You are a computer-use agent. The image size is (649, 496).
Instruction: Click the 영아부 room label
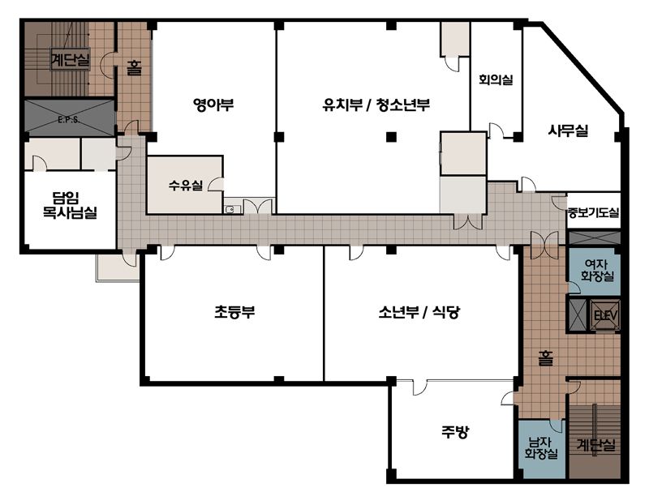[x=213, y=105]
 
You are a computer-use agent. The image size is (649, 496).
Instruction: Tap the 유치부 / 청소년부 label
[x=376, y=105]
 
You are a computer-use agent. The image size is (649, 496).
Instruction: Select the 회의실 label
[x=496, y=79]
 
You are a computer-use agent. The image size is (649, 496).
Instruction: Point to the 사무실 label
[x=569, y=130]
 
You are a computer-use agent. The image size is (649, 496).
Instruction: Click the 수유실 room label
[x=186, y=185]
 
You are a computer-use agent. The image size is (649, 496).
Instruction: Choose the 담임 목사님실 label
[x=70, y=205]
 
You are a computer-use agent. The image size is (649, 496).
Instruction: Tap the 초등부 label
[x=234, y=312]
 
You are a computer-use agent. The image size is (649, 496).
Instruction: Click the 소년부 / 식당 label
[x=419, y=312]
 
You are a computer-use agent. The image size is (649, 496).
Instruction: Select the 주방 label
[x=455, y=432]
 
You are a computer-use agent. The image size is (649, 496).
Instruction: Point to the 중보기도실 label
[x=594, y=213]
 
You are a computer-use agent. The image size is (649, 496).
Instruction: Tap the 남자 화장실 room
[x=541, y=449]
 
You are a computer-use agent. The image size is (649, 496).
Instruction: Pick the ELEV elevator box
[x=605, y=316]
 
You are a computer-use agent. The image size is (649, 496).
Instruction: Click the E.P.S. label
[x=69, y=121]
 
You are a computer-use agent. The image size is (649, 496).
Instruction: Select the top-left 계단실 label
[x=70, y=59]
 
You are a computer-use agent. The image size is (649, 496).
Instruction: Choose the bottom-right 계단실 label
[x=596, y=445]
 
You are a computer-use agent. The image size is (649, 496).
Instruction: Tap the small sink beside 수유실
[x=230, y=210]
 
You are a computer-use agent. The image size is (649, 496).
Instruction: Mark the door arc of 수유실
[x=214, y=185]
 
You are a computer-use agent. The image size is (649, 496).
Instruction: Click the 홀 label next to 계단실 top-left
[x=134, y=68]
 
